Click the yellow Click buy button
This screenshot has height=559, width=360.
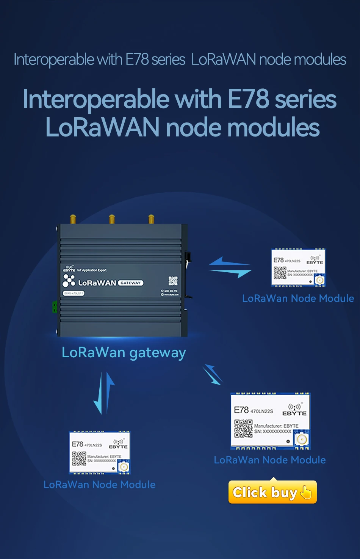click(272, 492)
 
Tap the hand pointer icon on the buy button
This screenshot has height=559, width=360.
click(306, 492)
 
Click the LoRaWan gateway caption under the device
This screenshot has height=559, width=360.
click(124, 353)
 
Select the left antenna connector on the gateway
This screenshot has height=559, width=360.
click(73, 220)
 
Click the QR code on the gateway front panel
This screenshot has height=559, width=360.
click(173, 281)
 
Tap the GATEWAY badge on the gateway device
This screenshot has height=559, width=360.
click(131, 283)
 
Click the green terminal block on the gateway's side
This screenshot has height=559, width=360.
click(55, 307)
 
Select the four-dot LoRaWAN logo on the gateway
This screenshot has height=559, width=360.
click(69, 281)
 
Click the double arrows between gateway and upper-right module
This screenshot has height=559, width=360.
click(230, 267)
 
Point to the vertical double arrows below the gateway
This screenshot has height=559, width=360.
click(104, 393)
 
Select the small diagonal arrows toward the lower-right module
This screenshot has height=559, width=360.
click(213, 374)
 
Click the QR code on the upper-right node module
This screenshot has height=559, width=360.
click(280, 273)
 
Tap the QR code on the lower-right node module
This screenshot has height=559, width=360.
click(243, 429)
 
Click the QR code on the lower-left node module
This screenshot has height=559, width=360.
click(79, 459)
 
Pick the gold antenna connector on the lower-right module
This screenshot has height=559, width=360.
click(302, 440)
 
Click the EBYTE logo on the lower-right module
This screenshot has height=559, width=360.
click(294, 410)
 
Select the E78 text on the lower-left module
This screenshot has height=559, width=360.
click(78, 444)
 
